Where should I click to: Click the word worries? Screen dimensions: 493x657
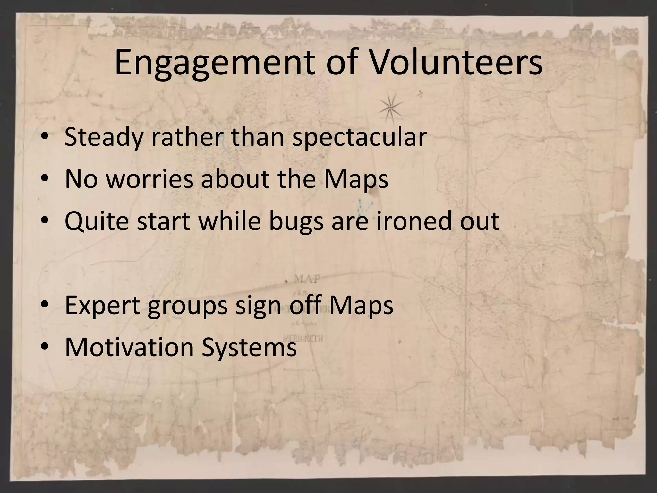click(x=149, y=178)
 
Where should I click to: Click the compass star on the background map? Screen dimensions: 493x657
click(x=390, y=108)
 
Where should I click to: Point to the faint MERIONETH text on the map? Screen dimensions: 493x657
click(x=303, y=339)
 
